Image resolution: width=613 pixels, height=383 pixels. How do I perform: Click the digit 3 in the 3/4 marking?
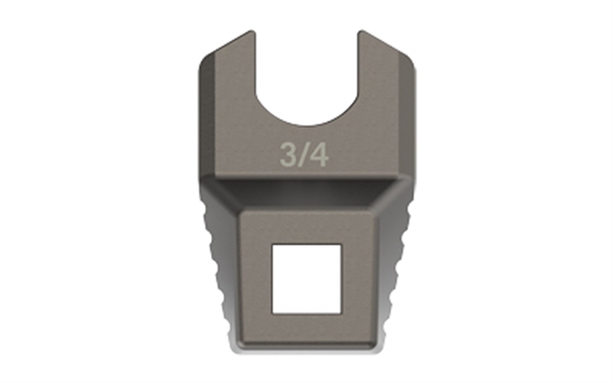point(288,156)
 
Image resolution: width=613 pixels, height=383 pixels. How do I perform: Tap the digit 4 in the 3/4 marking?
point(318,156)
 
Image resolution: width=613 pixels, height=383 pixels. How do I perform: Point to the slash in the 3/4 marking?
point(303,156)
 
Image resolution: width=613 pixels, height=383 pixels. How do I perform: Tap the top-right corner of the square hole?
point(338,245)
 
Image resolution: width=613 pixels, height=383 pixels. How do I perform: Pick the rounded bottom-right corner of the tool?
point(376,345)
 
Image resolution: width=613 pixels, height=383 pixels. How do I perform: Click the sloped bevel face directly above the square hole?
point(306,196)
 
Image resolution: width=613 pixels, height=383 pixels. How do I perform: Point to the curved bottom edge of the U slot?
point(306,124)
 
